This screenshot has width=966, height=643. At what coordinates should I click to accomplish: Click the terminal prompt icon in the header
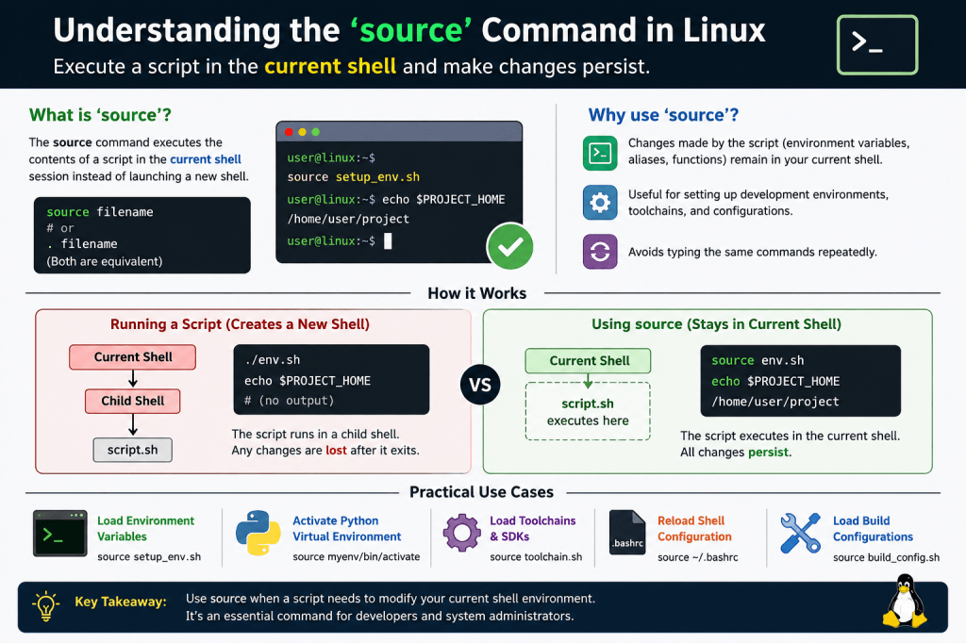point(877,45)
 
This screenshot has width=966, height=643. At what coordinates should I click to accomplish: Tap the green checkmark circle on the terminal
point(510,246)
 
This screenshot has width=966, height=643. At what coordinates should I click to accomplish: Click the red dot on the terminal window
point(289,132)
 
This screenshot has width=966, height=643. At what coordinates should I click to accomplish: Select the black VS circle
point(480,385)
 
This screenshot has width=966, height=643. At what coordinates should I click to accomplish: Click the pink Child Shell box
point(132,401)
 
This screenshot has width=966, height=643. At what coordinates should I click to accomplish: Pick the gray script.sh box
point(132,450)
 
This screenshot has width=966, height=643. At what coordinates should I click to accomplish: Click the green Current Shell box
point(588,361)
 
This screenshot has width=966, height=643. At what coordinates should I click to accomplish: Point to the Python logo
point(258,533)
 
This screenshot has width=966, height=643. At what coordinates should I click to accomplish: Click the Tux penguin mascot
point(905,602)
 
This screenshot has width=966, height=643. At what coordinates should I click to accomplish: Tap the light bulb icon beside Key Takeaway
point(45,606)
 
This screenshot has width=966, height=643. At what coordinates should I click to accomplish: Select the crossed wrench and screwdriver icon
point(800,533)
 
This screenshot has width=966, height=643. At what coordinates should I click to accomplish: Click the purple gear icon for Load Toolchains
point(461,533)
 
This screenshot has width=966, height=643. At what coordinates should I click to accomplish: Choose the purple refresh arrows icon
point(600,252)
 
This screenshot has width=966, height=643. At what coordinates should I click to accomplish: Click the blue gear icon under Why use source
point(600,202)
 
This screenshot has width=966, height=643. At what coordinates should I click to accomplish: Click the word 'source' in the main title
point(411,30)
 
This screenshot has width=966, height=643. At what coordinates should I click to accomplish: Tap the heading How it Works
point(476,293)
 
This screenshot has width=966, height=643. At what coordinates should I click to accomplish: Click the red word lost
point(337,451)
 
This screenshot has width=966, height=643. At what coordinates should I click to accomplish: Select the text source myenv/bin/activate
point(356,557)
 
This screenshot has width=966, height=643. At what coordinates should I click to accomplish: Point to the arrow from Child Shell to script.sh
point(132,425)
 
